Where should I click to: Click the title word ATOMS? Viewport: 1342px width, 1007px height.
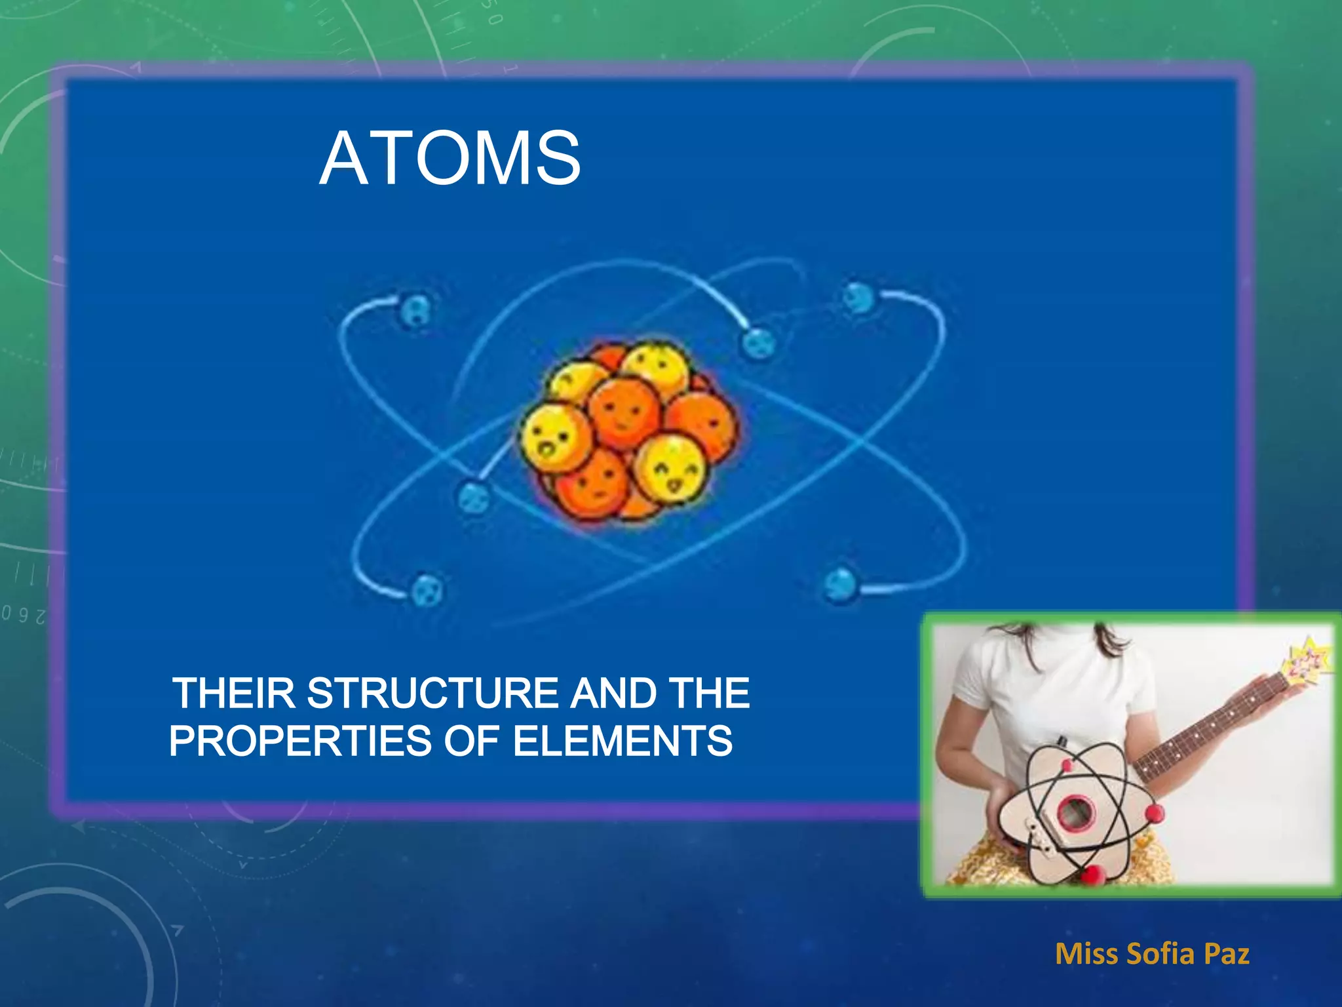point(450,159)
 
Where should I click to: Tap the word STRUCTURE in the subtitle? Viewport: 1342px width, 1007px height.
point(432,693)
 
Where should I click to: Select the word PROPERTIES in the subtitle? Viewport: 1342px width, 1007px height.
point(299,741)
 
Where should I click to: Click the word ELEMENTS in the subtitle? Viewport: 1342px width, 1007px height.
point(622,741)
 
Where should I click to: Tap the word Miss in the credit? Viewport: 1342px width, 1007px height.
point(1087,954)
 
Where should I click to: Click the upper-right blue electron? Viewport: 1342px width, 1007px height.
point(858,298)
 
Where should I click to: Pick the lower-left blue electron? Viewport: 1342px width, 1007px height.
point(426,589)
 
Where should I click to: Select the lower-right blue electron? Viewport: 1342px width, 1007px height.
point(841,583)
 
